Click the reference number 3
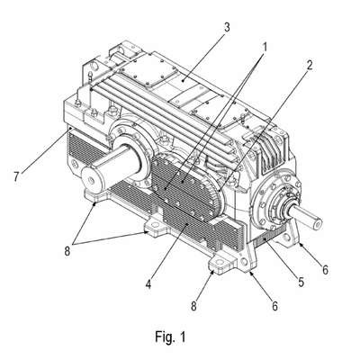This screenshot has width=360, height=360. [227, 27]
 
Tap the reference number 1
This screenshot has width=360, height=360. [265, 47]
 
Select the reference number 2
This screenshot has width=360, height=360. [309, 65]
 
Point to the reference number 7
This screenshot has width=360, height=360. [17, 176]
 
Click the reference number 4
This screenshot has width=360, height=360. [148, 284]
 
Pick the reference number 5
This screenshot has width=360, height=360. [301, 282]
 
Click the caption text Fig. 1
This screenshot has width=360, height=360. [170, 337]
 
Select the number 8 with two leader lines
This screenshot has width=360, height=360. [67, 251]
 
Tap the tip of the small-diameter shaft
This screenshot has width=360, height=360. [318, 222]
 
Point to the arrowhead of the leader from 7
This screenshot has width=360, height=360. [70, 129]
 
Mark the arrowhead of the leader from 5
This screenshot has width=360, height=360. [263, 238]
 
